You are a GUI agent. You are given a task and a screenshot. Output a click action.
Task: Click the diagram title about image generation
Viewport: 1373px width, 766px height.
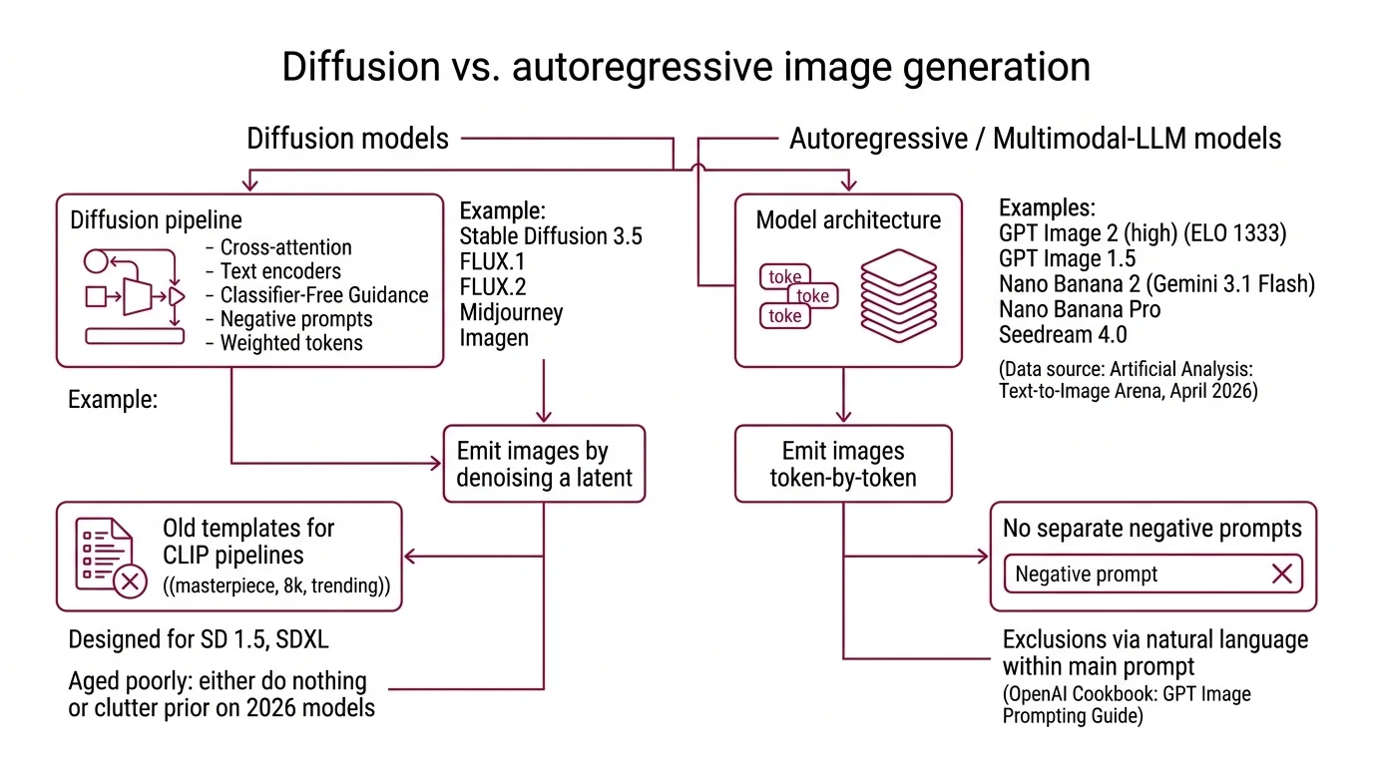click(x=686, y=68)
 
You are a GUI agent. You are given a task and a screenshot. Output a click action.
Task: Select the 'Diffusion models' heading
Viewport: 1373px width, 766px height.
click(x=347, y=139)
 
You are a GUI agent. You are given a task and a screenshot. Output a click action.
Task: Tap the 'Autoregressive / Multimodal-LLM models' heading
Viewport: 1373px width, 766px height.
click(x=1035, y=139)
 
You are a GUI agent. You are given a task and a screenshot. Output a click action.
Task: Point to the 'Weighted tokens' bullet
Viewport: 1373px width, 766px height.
click(x=291, y=343)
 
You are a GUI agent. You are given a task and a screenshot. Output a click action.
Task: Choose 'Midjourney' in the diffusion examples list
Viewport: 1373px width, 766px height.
click(x=511, y=312)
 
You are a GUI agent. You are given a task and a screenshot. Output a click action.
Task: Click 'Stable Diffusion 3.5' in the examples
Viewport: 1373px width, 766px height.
click(x=551, y=236)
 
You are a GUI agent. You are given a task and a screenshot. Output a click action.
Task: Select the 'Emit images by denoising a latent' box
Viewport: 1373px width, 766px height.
click(x=544, y=465)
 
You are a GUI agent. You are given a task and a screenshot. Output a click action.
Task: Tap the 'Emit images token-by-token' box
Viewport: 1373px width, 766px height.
click(x=843, y=465)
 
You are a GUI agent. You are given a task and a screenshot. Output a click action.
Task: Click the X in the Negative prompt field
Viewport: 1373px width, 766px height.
click(x=1281, y=574)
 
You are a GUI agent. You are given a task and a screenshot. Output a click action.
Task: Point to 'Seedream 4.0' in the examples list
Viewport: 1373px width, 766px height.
click(x=1063, y=334)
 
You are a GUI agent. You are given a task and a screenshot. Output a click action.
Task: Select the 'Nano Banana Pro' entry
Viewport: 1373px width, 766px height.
click(x=1079, y=309)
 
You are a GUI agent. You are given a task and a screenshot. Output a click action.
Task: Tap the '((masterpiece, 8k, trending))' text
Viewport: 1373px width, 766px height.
click(x=276, y=586)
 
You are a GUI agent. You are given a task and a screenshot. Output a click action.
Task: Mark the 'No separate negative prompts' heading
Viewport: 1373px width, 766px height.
click(x=1151, y=529)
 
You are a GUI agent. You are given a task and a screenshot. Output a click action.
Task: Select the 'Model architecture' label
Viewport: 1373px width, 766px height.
click(x=847, y=220)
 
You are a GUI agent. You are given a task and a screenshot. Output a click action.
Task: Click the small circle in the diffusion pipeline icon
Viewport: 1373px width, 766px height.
click(x=95, y=262)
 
